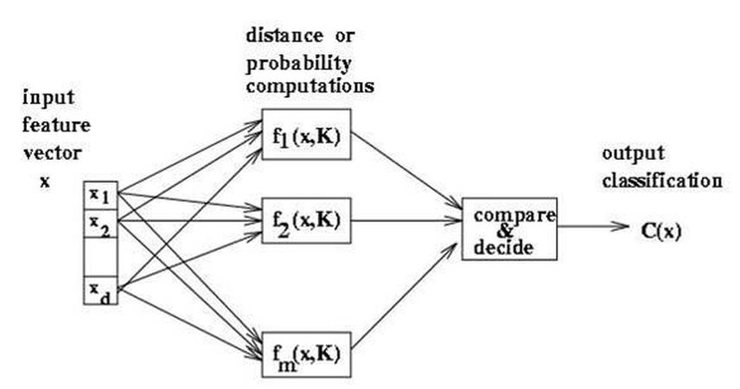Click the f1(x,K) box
(305, 134)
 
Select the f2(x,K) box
(305, 220)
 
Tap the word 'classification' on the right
(660, 182)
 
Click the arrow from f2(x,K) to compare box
(405, 220)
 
